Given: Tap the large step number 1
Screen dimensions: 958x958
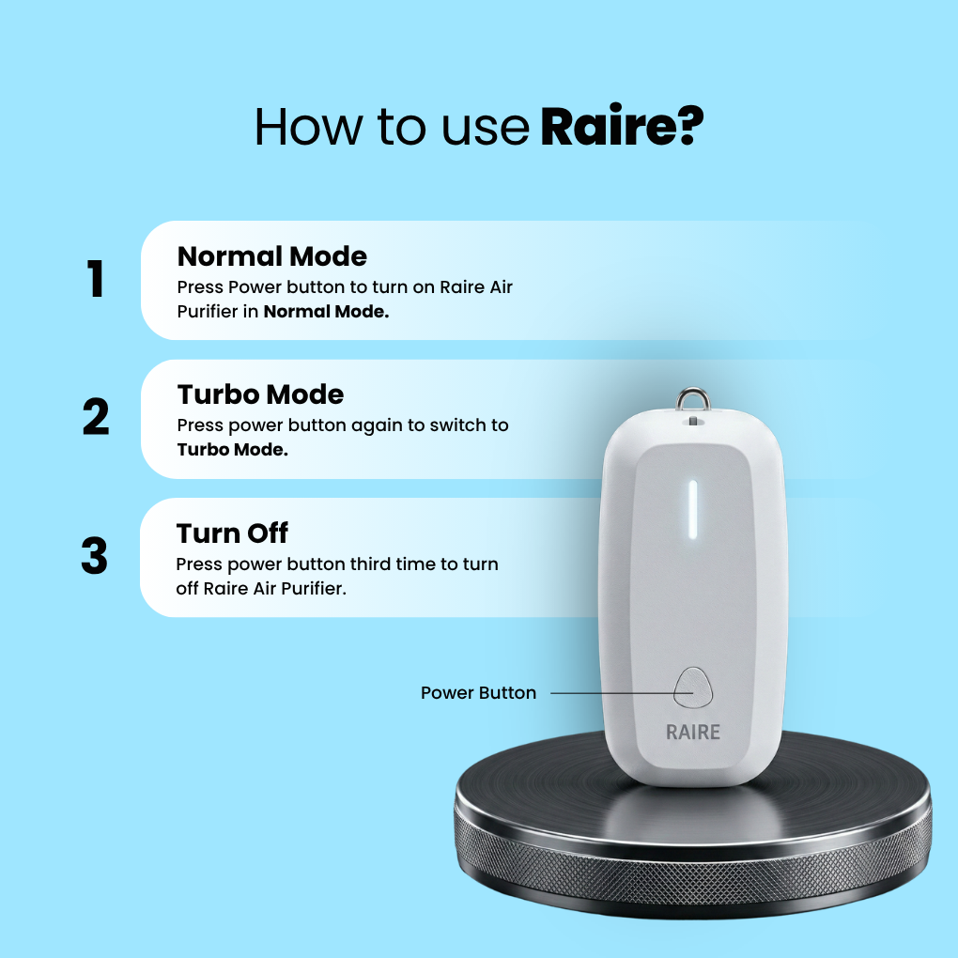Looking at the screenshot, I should [x=96, y=279].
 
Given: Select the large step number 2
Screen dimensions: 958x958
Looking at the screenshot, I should [x=96, y=418].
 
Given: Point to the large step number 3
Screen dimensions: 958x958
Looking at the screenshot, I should [x=95, y=556].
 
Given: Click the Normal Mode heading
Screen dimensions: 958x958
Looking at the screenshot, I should [x=271, y=255].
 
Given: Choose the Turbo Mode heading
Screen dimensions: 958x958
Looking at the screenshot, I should [x=260, y=394].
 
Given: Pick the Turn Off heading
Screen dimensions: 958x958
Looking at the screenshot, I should [x=232, y=533].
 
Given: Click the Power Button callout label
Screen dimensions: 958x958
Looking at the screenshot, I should [x=478, y=693].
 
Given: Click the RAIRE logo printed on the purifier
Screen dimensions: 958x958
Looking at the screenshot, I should [x=693, y=732].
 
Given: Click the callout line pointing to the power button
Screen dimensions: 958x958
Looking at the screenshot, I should [x=610, y=694].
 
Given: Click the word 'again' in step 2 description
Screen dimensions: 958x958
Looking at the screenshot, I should [x=379, y=425].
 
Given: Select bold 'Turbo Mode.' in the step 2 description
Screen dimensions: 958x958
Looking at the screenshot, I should [x=232, y=449].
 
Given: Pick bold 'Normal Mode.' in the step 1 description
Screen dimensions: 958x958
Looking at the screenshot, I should [x=326, y=311].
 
